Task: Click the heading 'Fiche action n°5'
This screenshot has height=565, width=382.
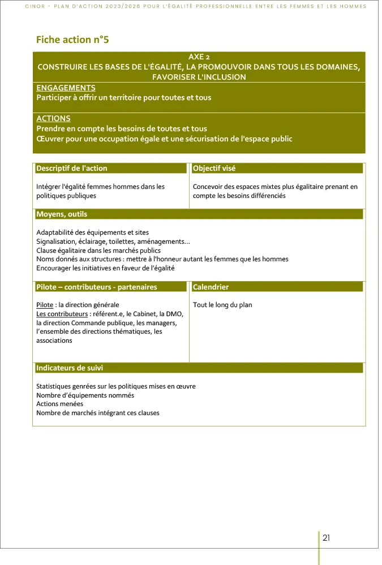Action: (x=72, y=40)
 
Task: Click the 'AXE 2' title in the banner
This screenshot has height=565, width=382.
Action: (x=199, y=57)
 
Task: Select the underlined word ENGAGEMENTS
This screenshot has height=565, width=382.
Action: (x=66, y=88)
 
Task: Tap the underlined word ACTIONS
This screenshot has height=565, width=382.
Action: (x=53, y=119)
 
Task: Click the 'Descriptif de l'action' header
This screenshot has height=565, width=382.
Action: (x=72, y=169)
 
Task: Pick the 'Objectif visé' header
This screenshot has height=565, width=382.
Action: (x=214, y=169)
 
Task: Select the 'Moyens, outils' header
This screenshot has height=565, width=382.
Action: (x=62, y=214)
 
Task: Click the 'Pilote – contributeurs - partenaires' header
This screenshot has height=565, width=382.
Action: (x=97, y=287)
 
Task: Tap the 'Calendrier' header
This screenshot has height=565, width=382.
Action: (x=211, y=287)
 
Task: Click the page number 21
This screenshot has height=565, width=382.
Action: (x=327, y=538)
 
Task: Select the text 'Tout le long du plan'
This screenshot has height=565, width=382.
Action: (x=222, y=305)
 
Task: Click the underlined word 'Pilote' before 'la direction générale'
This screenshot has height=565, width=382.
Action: (x=45, y=305)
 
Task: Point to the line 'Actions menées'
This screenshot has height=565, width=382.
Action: (x=59, y=404)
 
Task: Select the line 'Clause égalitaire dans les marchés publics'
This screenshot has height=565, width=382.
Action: (x=98, y=251)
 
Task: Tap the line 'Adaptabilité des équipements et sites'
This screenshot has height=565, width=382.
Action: (x=92, y=232)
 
